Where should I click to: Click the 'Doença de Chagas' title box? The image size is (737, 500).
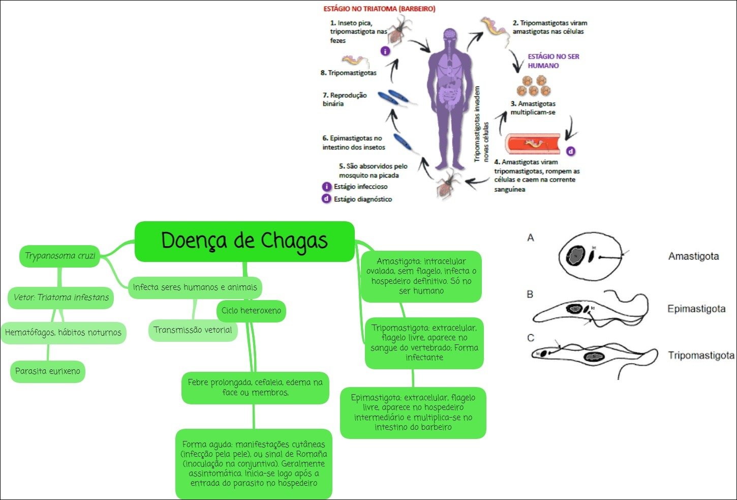pos(244,241)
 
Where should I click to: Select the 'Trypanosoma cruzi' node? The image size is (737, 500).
pos(60,255)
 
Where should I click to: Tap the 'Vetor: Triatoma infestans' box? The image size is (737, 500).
pos(61,298)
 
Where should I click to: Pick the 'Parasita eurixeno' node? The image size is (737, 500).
pos(48,371)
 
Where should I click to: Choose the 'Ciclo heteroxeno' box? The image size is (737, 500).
pos(251,311)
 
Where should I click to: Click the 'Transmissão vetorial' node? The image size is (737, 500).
pos(193,330)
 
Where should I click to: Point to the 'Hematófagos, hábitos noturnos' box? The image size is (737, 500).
pos(63,333)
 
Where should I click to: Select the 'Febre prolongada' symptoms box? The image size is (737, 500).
pos(255,388)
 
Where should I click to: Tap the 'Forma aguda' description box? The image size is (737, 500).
pos(254,464)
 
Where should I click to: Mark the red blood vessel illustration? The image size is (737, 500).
pos(533,144)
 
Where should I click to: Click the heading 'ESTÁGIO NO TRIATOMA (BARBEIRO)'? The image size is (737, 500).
pos(379,9)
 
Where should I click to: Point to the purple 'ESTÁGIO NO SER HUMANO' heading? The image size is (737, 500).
pos(553,61)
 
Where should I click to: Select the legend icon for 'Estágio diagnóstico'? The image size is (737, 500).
pos(327,199)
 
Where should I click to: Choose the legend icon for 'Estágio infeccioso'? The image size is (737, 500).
pos(327,187)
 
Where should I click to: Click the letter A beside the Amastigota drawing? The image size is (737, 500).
pos(531,238)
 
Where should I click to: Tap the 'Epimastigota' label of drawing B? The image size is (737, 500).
pos(696,309)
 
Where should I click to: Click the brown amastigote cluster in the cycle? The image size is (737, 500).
pos(534,86)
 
